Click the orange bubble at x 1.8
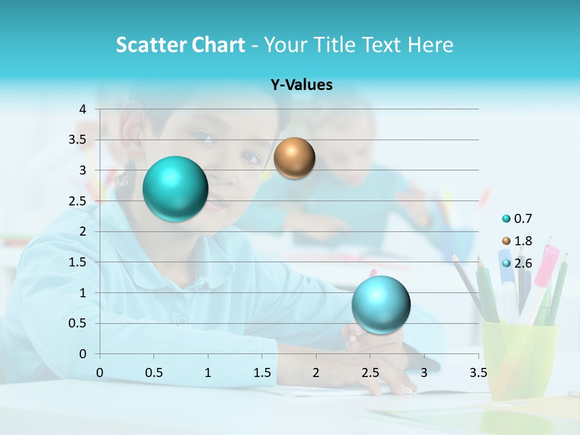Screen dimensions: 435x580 click(x=294, y=158)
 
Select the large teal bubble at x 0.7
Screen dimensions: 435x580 click(x=176, y=188)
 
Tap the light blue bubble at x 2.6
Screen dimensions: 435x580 click(x=381, y=304)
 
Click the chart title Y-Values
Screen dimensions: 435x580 click(x=301, y=85)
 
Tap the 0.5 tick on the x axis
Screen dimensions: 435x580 click(x=154, y=373)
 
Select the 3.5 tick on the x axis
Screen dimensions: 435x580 click(x=478, y=373)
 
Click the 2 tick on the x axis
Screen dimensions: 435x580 click(x=316, y=373)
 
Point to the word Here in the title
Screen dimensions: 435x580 click(x=430, y=45)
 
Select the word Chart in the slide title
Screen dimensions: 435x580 click(x=218, y=45)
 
